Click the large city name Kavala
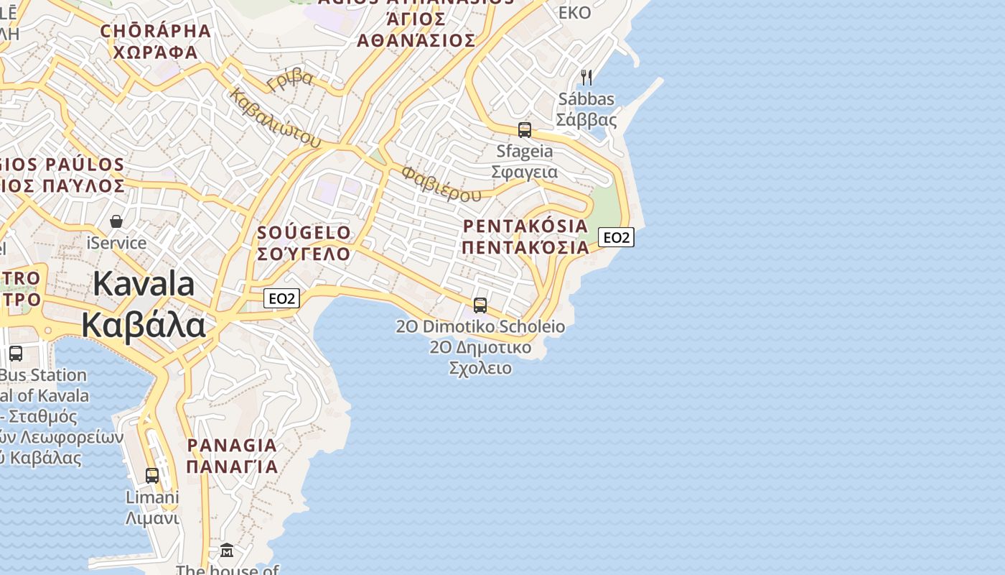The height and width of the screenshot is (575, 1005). click(144, 284)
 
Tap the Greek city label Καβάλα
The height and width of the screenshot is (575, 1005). click(144, 325)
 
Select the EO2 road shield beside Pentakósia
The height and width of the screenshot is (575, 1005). click(616, 237)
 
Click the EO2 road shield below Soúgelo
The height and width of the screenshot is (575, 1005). click(281, 298)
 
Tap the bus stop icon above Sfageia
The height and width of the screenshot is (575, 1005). click(525, 130)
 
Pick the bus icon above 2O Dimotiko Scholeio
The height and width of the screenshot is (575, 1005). click(480, 305)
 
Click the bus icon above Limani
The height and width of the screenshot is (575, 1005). click(152, 475)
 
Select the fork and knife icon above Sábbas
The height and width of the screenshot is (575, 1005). click(586, 77)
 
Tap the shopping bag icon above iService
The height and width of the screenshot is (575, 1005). click(116, 221)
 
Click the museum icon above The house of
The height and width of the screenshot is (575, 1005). click(227, 551)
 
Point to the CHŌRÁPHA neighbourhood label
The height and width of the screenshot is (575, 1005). click(156, 31)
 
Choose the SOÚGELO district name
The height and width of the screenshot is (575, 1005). click(304, 233)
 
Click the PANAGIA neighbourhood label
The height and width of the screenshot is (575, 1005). click(232, 446)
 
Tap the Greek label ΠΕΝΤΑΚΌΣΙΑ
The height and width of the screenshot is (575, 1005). click(525, 248)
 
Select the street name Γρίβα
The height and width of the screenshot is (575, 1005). click(290, 79)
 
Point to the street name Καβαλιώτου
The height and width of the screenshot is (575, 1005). click(276, 118)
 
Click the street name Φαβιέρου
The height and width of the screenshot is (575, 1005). click(441, 184)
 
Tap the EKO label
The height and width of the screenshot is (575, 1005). click(574, 12)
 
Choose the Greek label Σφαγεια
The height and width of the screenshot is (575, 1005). click(525, 172)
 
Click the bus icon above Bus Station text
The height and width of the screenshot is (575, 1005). click(16, 354)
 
